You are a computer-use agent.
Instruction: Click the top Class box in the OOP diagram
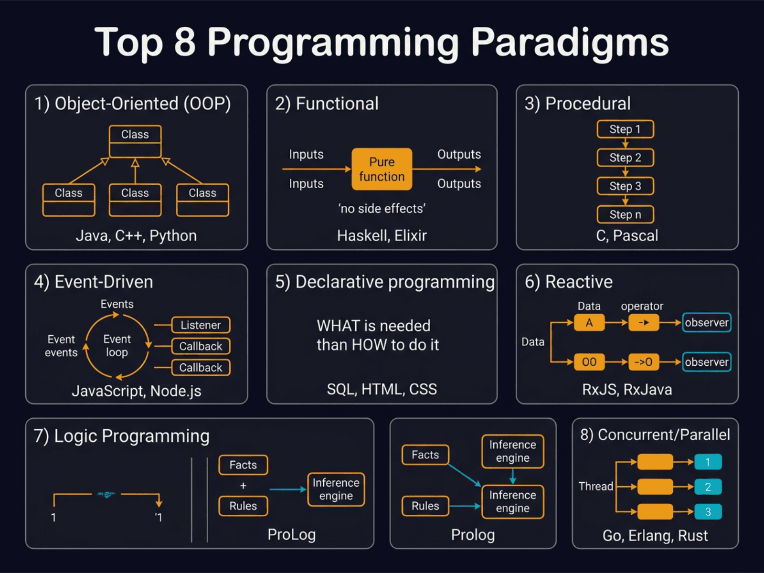135,141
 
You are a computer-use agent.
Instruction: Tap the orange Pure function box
382,169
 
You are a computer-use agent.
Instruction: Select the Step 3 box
625,186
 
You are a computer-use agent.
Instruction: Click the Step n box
625,214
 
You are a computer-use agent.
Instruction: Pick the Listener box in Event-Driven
201,325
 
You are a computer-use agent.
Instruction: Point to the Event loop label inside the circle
117,345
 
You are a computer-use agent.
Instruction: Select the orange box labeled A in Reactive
589,323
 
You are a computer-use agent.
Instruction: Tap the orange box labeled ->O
643,362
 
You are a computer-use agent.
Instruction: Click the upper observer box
706,323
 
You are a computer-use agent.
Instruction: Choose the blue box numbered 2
708,487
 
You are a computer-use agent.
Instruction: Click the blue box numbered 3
708,511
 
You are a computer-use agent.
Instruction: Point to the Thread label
595,486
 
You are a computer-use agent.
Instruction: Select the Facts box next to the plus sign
243,465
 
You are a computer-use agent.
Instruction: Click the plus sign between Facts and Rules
243,486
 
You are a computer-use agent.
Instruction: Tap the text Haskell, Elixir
382,235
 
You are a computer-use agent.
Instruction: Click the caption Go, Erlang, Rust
655,535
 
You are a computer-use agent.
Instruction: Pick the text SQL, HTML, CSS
382,389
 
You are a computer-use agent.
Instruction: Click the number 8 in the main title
185,42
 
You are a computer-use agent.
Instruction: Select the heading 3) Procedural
577,104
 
